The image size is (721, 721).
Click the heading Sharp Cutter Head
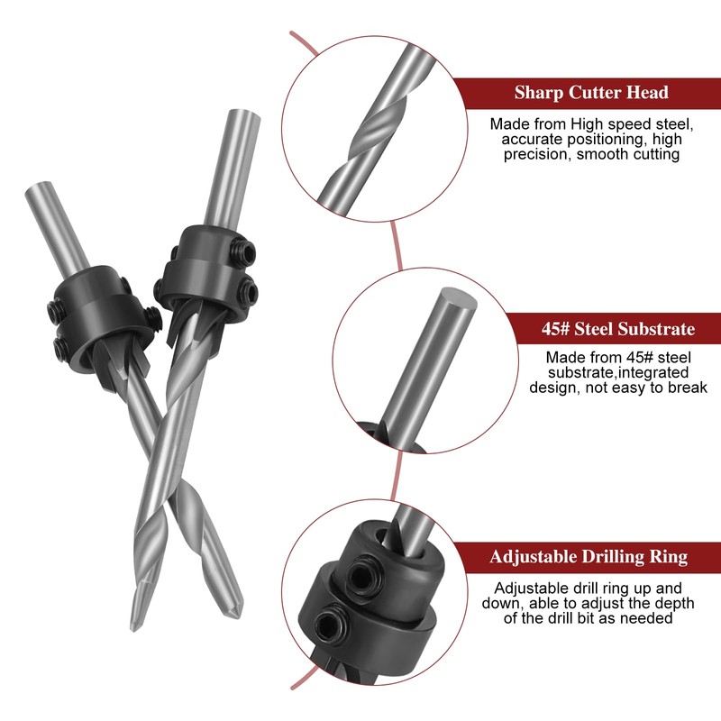(x=591, y=92)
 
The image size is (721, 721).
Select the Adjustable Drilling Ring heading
(x=589, y=557)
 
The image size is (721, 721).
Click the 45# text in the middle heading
(x=533, y=329)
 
